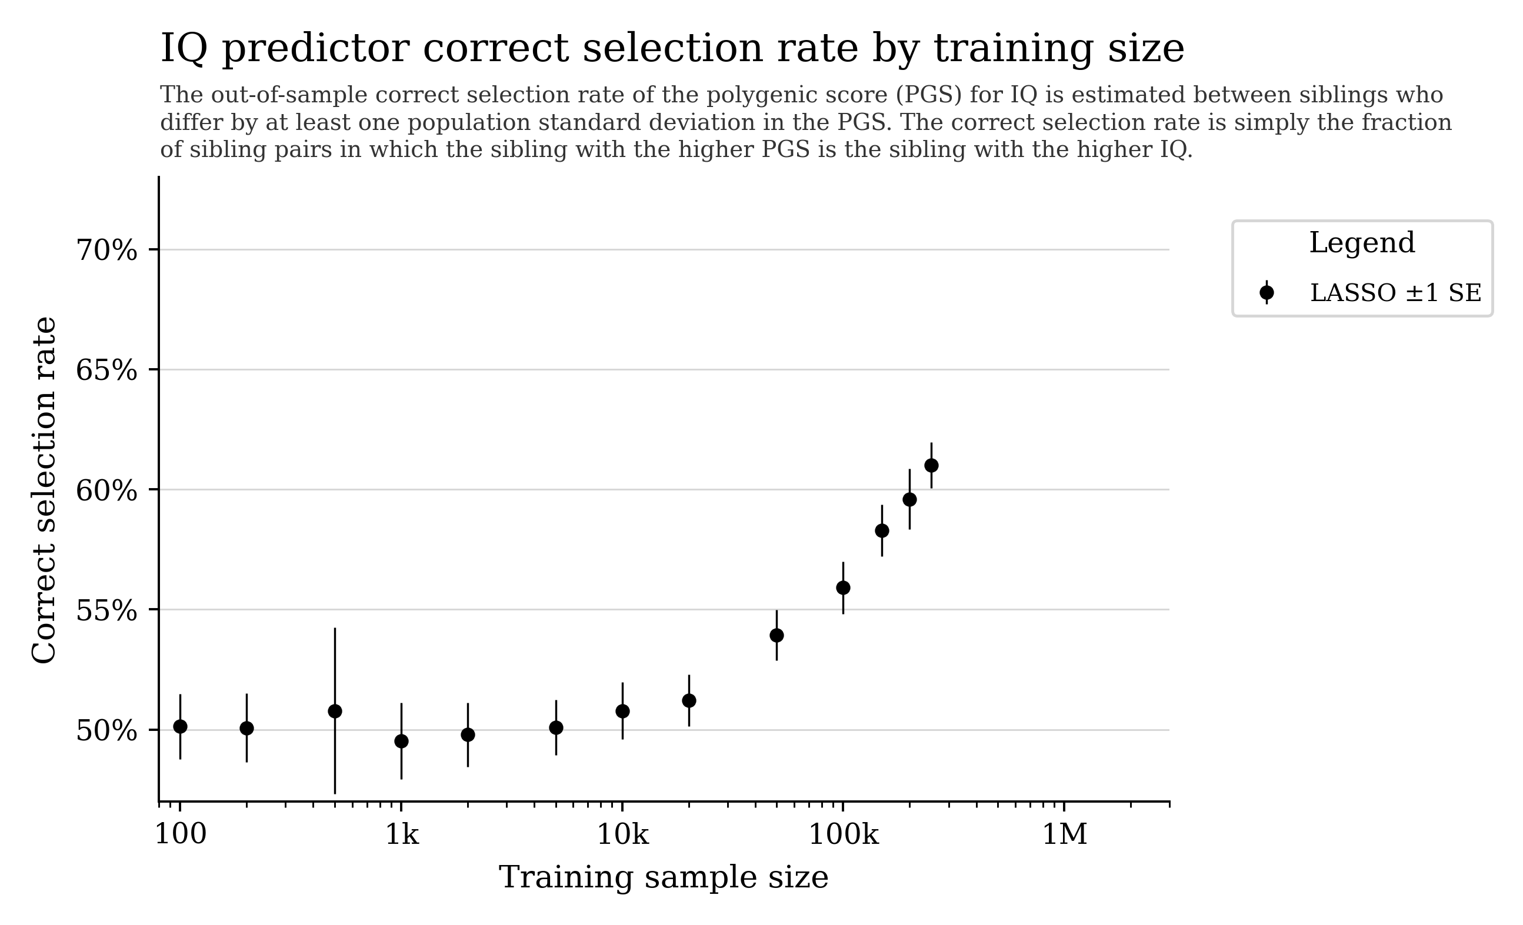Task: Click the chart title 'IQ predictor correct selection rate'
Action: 672,49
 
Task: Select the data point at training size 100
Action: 180,727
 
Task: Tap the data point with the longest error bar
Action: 335,711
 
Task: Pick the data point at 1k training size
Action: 401,742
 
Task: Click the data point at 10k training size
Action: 622,711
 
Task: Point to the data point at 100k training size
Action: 843,587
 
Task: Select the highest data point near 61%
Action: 931,465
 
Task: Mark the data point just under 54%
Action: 777,635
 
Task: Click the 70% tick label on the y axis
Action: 106,251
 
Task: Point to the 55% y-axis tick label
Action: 106,611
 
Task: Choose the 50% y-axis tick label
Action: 106,731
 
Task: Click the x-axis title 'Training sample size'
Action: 663,878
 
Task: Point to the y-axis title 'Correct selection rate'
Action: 45,490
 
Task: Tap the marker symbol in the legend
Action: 1267,293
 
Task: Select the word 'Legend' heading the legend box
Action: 1362,243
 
